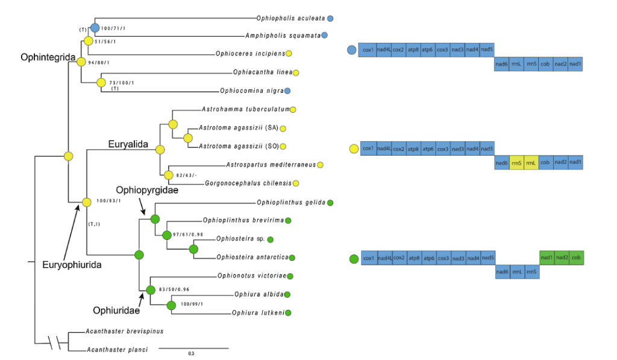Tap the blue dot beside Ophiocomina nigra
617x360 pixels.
[x=288, y=91]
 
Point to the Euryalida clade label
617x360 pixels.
[x=128, y=144]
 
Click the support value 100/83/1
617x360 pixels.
[x=108, y=201]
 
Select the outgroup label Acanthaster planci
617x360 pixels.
[x=116, y=349]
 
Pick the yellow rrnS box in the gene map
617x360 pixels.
[x=516, y=163]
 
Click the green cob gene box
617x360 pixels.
[x=577, y=258]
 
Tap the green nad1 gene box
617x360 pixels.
[x=547, y=258]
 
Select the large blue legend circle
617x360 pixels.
[x=352, y=50]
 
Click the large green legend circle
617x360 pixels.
[x=353, y=259]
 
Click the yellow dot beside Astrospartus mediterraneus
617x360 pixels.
[x=321, y=165]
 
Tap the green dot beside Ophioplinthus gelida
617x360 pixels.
[x=330, y=202]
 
